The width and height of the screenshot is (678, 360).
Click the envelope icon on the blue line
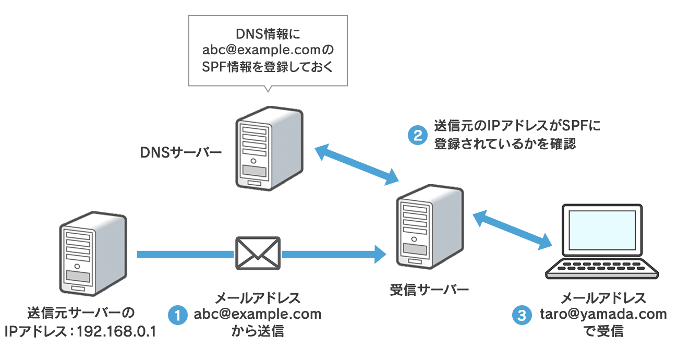point(258,253)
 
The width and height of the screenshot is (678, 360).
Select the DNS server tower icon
point(268,149)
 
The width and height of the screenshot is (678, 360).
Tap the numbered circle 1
point(177,315)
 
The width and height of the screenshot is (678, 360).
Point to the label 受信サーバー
point(429,290)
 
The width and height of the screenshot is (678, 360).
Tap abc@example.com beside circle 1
point(258,315)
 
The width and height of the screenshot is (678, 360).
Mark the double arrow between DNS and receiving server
point(357,164)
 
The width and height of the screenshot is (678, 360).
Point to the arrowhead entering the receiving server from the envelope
point(380,254)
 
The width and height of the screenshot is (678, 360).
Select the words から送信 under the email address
point(258,331)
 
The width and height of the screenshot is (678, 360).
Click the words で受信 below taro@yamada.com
point(603,331)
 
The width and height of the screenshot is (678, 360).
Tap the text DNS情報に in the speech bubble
point(268,34)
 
